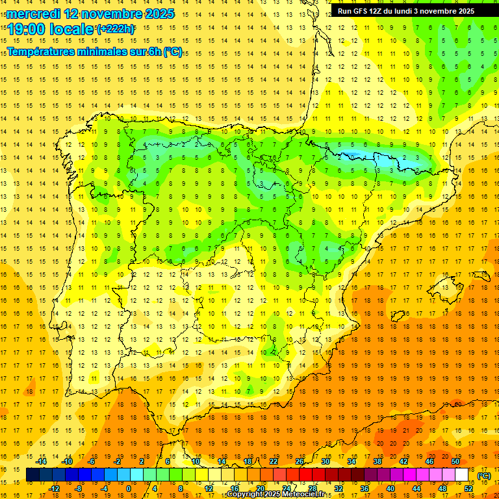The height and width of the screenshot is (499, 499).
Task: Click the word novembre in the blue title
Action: pyautogui.click(x=114, y=14)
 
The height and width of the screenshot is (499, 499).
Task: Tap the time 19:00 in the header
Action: pyautogui.click(x=26, y=29)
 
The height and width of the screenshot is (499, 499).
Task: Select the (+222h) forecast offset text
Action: pyautogui.click(x=115, y=29)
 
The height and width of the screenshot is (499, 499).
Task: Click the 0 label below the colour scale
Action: pyautogui.click(x=129, y=489)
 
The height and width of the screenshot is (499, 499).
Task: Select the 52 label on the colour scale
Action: pyautogui.click(x=468, y=489)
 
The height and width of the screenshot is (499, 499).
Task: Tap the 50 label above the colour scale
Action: pyautogui.click(x=455, y=461)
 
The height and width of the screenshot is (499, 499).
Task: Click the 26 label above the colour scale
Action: pyautogui.click(x=300, y=461)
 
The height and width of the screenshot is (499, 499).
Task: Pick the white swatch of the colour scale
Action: pyautogui.click(x=462, y=475)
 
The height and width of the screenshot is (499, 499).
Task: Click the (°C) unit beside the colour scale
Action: pyautogui.click(x=484, y=476)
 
